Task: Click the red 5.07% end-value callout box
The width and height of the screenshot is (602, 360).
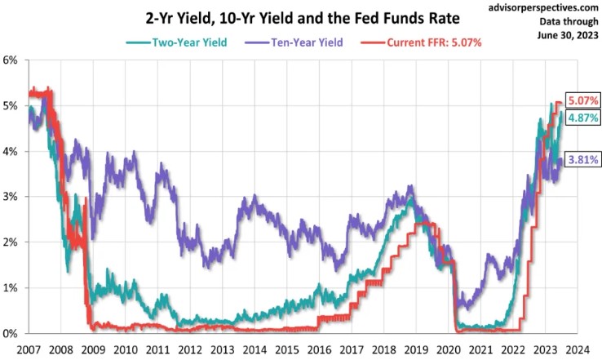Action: (582, 101)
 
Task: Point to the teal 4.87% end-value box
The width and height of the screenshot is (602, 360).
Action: (582, 118)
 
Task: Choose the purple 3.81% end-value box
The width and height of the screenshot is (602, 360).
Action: (582, 160)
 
